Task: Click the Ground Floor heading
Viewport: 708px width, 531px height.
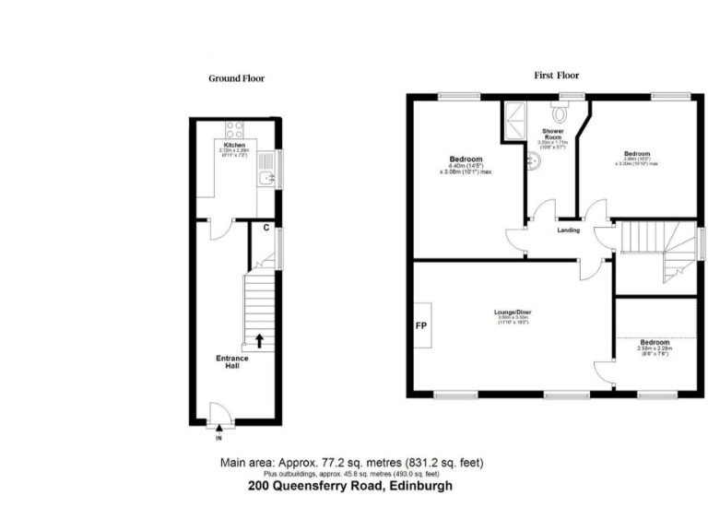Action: coord(236,78)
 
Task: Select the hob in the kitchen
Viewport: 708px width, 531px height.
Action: coord(233,130)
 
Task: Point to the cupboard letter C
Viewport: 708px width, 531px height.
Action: coord(265,227)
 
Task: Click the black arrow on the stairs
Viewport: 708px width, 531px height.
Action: coord(259,340)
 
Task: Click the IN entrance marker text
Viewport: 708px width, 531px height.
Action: coord(219,439)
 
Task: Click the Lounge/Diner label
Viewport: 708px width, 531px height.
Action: coord(512,313)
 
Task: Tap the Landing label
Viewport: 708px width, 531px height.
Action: coord(568,230)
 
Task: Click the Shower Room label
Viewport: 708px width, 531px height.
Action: coord(552,136)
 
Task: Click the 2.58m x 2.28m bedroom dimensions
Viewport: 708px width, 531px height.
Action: coord(655,349)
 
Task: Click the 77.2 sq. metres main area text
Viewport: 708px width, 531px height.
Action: coord(351,462)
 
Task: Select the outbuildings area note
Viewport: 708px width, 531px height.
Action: coord(351,474)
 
